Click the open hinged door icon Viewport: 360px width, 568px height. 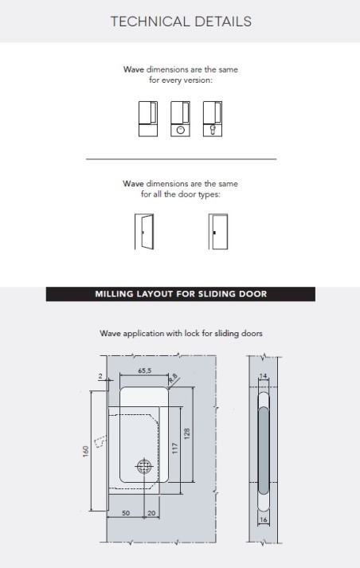click(x=143, y=231)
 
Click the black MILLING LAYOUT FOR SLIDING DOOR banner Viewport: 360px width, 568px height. click(x=181, y=294)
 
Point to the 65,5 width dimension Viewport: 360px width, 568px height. click(x=145, y=370)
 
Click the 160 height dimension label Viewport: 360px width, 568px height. click(x=86, y=451)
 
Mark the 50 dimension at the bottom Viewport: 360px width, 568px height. click(x=126, y=514)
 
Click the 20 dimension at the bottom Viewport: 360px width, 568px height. click(x=151, y=514)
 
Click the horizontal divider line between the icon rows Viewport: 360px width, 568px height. click(x=181, y=160)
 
